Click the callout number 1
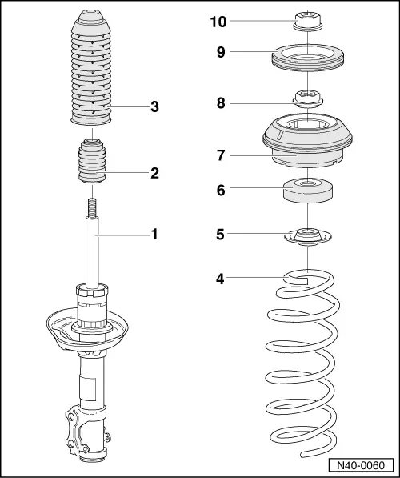coord(154,235)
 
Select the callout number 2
coord(154,171)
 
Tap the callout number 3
coord(154,107)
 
